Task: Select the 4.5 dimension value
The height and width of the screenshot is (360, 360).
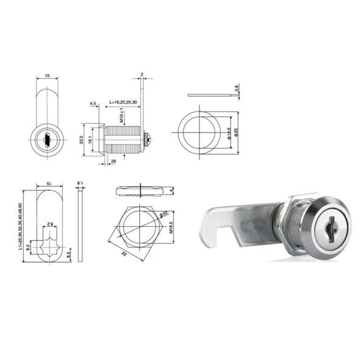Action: coord(93,104)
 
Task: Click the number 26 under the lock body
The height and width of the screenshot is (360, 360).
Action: coord(113,161)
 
